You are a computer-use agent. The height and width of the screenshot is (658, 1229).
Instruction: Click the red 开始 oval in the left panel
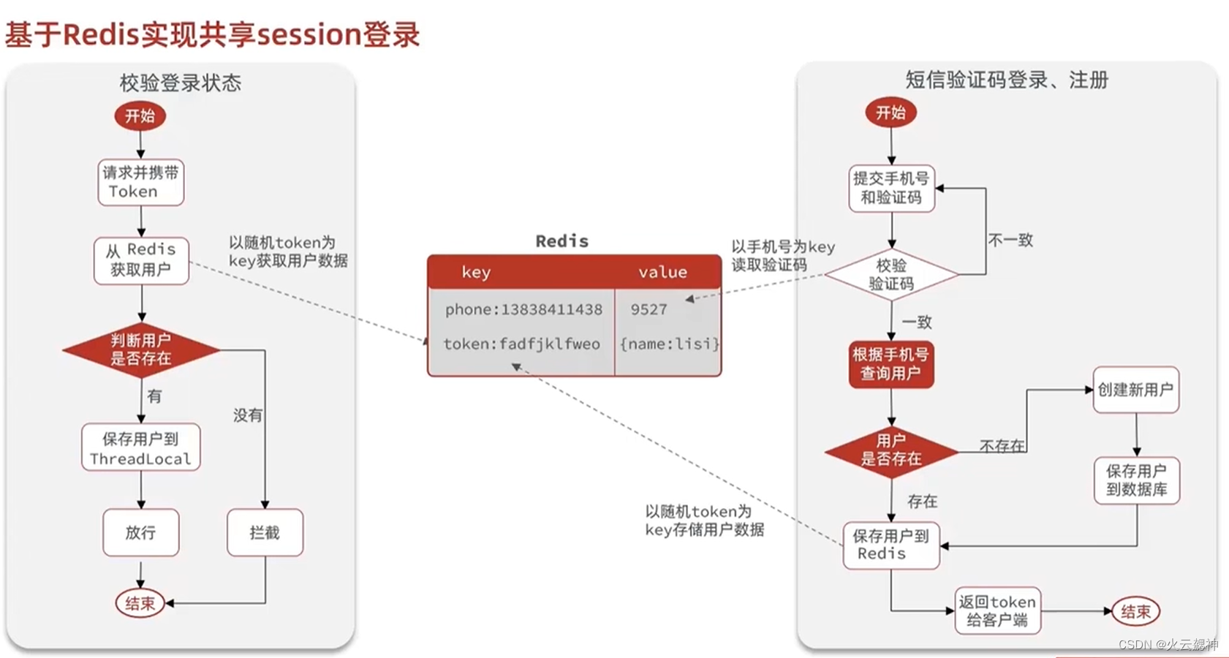(x=140, y=116)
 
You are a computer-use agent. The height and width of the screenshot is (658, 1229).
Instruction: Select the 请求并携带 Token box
(x=140, y=182)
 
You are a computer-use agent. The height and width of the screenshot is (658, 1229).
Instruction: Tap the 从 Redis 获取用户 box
(x=141, y=260)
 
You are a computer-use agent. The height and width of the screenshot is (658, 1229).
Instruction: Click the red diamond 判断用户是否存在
(x=141, y=349)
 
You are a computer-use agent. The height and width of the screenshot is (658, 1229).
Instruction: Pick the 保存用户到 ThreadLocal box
(x=140, y=447)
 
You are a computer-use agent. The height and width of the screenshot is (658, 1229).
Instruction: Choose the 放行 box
(x=140, y=532)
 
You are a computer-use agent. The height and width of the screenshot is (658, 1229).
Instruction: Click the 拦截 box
(x=265, y=532)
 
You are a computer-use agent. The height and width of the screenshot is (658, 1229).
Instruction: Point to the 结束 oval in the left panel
(x=140, y=603)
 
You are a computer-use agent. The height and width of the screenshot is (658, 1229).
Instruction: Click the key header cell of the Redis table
(x=476, y=272)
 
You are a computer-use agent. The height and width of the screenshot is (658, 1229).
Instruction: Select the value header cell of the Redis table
(x=662, y=272)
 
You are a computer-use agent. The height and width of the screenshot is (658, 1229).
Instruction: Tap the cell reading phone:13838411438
(x=523, y=309)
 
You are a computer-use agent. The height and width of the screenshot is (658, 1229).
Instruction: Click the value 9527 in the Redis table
(x=648, y=309)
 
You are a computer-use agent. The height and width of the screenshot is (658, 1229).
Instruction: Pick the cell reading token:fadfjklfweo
(x=521, y=344)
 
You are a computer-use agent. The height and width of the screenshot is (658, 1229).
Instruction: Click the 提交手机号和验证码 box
(x=891, y=188)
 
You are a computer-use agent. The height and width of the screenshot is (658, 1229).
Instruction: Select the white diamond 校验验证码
(x=891, y=275)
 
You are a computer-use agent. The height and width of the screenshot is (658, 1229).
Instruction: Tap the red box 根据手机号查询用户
(x=890, y=364)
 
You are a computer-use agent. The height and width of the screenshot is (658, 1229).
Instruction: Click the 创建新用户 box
(x=1135, y=390)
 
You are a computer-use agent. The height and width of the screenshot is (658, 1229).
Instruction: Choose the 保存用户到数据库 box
(x=1136, y=480)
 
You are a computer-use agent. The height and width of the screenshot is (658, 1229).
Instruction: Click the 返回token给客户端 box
(x=997, y=610)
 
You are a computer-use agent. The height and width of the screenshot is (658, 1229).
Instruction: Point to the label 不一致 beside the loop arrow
(x=1010, y=240)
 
